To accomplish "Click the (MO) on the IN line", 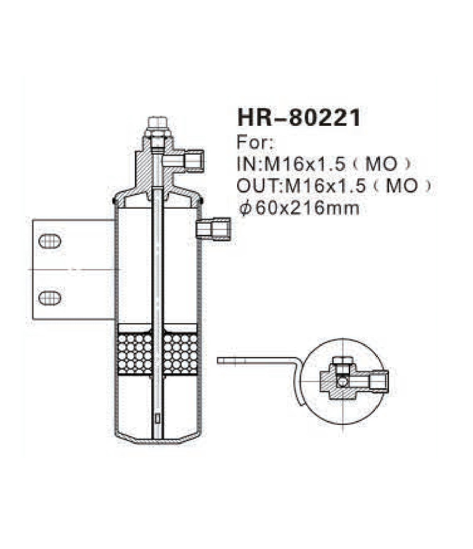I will (x=391, y=164).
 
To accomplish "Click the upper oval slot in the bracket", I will (x=50, y=241).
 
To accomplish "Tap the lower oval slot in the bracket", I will (x=50, y=297).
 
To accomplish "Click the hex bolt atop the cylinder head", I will (x=157, y=124).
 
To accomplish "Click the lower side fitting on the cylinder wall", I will (x=213, y=229).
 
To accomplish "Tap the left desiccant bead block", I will (x=135, y=353).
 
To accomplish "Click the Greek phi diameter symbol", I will (x=244, y=209).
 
